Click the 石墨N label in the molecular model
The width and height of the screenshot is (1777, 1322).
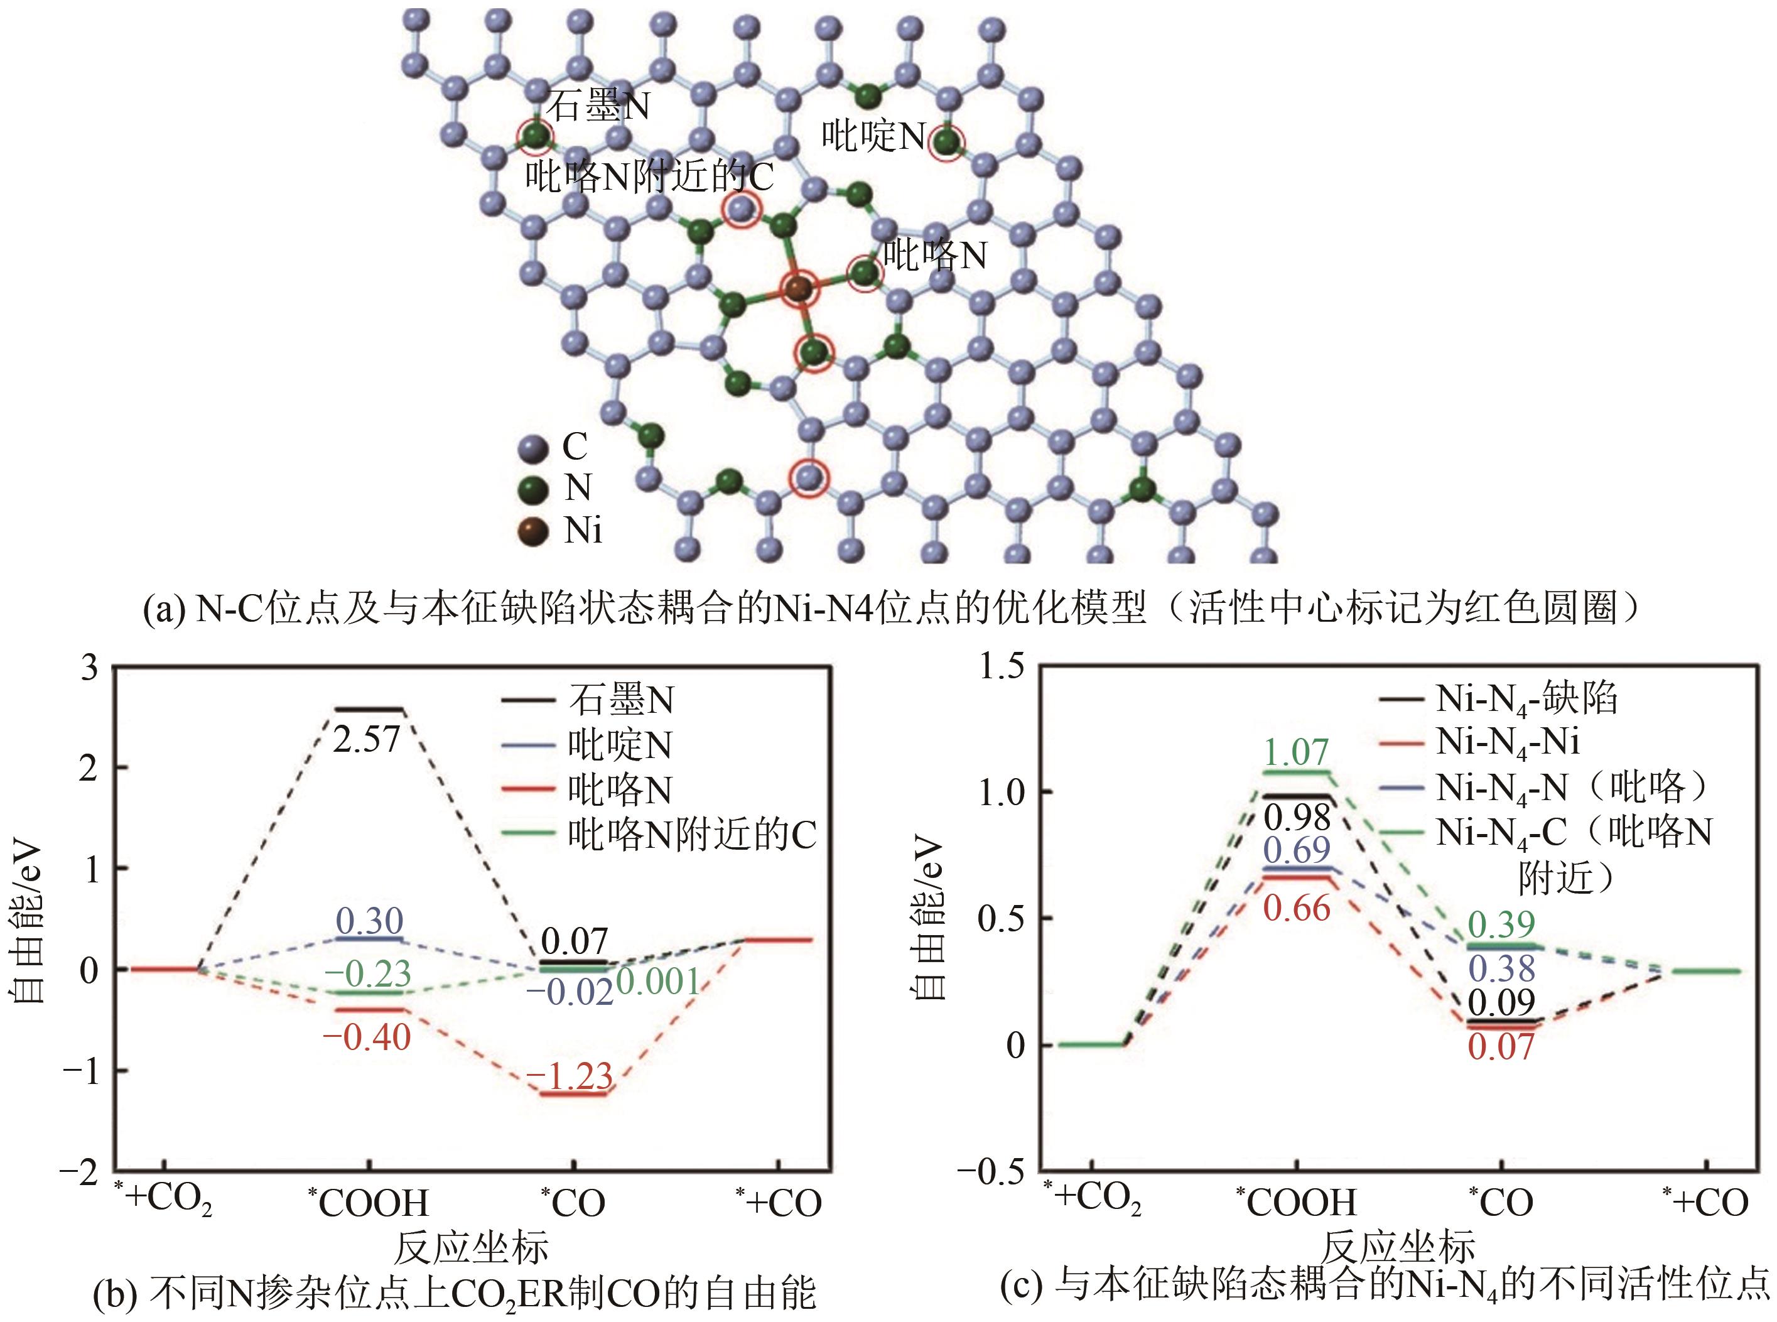point(598,106)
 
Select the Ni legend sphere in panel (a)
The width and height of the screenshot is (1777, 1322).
point(533,531)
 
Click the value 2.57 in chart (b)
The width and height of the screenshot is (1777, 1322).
point(367,740)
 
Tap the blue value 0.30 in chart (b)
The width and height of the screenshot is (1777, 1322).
point(369,921)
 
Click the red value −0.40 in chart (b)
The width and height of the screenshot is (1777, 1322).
point(367,1038)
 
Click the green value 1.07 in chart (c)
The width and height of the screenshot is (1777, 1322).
point(1297,752)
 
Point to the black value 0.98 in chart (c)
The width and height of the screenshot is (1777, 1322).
point(1297,817)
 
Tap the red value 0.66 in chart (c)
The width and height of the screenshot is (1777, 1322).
point(1297,908)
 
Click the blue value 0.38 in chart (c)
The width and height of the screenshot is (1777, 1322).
point(1503,969)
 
